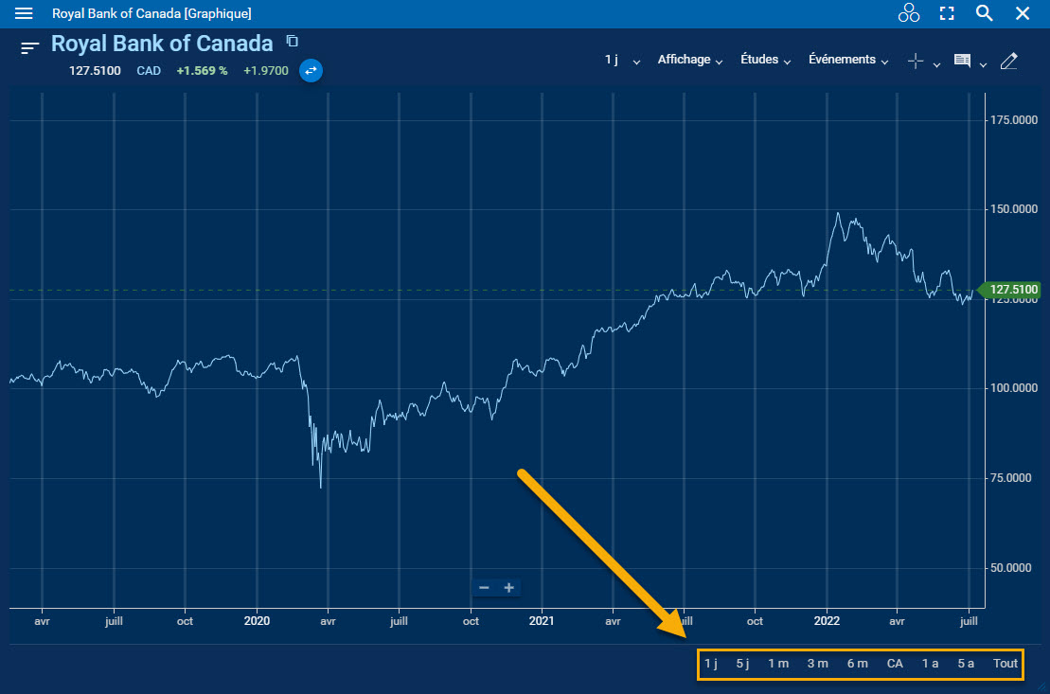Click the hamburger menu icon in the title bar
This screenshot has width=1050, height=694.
point(24,13)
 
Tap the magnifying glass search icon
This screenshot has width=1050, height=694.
point(985,13)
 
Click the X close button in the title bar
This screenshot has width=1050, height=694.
point(1023,13)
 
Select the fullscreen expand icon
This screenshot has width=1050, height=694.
point(947,13)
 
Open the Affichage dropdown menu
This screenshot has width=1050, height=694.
point(690,60)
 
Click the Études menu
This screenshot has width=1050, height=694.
point(765,60)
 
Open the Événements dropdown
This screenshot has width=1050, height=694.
point(848,60)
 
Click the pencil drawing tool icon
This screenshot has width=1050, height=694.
point(1008,61)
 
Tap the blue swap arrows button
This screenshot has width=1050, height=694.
point(311,70)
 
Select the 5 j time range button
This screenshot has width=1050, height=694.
point(742,664)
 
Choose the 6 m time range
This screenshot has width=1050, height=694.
point(857,664)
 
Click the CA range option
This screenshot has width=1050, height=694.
point(895,664)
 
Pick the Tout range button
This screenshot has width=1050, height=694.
point(1006,664)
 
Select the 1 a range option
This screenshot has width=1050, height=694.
point(930,664)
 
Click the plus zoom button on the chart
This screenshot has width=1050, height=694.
point(508,588)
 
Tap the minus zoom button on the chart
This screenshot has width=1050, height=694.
point(484,588)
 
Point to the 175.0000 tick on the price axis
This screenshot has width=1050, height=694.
point(1012,120)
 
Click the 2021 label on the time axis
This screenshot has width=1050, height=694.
point(541,622)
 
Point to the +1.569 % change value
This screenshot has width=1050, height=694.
point(202,70)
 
